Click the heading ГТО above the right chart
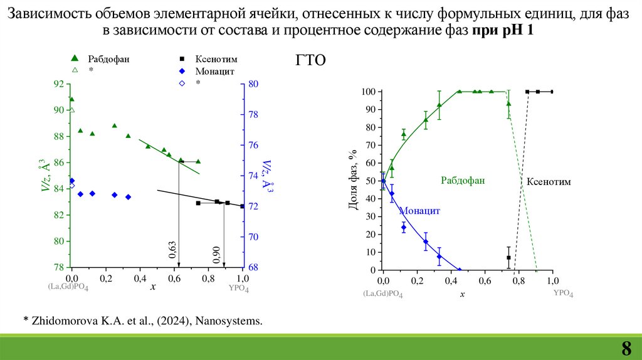coord(309,61)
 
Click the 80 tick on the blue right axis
coord(253,84)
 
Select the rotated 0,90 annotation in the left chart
coord(216,253)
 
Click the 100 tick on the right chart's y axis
coord(367,92)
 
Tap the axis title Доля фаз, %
coord(353,181)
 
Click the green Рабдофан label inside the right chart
coord(463,181)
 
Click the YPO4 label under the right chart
coord(563,293)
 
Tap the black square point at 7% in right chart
coord(508,258)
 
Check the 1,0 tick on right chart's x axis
coord(552,280)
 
